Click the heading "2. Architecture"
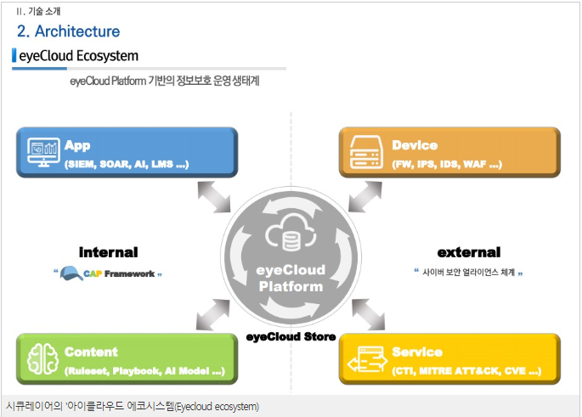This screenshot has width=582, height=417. coord(68,31)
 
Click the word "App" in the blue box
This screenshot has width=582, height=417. coord(77,145)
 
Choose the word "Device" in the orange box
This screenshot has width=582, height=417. coord(415,145)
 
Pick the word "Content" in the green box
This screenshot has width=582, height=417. coord(91,352)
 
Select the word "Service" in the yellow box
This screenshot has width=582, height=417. coord(416,352)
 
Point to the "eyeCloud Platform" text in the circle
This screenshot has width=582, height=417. coord(291,278)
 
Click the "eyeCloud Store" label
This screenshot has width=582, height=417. coord(291,337)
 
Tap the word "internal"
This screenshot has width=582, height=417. coord(108,252)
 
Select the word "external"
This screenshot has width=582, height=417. coord(469,252)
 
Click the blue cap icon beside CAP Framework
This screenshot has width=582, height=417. coord(71,273)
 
